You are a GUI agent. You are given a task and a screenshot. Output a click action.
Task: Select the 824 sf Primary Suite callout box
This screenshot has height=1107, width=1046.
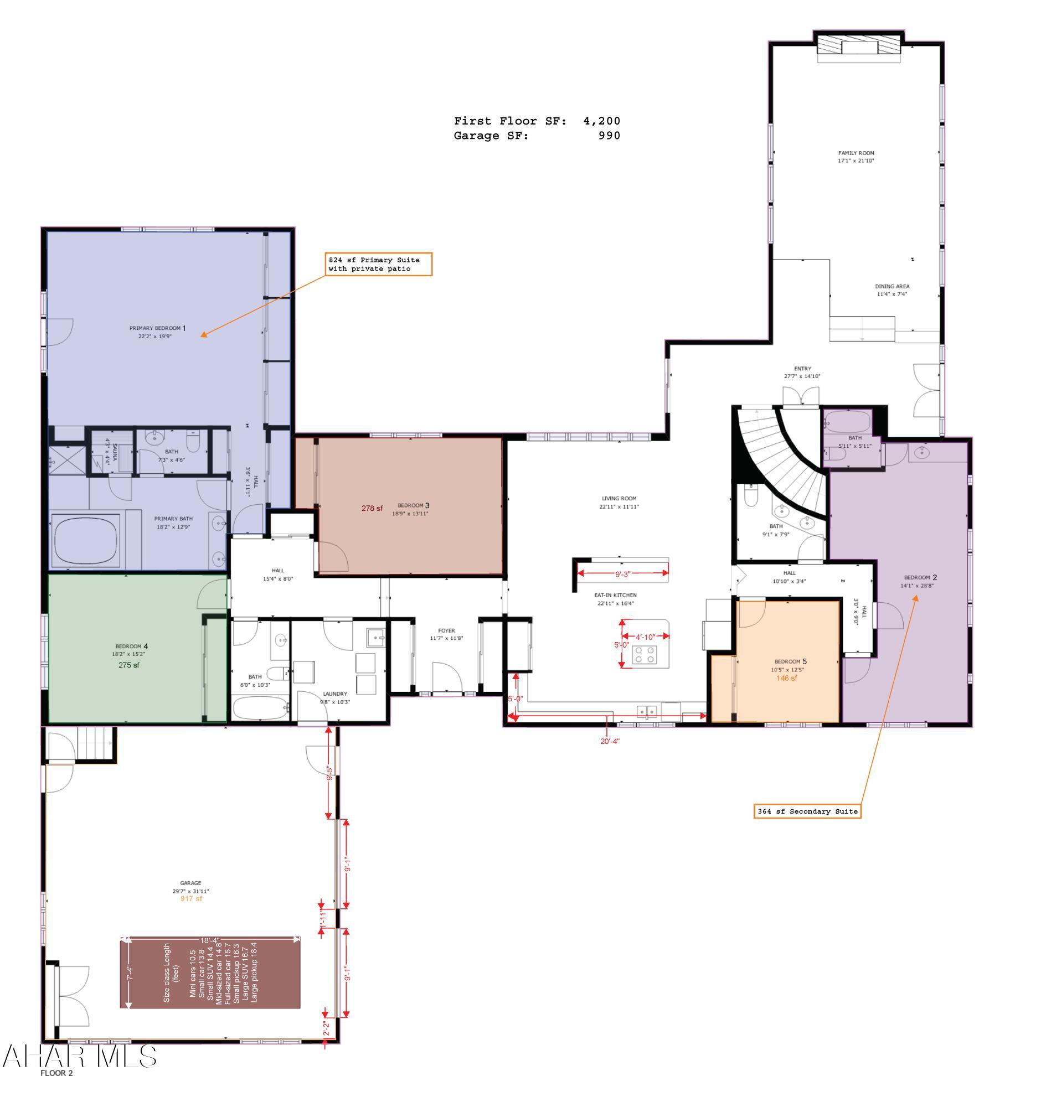point(379,264)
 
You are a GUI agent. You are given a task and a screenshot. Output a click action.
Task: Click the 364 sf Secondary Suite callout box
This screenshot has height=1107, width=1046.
point(807,811)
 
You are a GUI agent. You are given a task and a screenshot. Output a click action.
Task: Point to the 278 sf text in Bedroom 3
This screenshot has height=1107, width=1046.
point(372,508)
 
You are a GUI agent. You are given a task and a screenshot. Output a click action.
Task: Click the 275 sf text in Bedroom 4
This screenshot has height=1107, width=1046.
point(129,665)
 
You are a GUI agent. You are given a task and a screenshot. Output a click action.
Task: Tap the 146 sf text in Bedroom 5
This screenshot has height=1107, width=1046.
point(786,679)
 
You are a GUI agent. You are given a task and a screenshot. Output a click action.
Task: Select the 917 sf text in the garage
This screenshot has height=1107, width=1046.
point(190,898)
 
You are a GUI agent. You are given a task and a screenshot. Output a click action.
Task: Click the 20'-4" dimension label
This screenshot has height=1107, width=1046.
point(610,741)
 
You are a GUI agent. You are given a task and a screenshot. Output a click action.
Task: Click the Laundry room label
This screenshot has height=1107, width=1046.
point(334,694)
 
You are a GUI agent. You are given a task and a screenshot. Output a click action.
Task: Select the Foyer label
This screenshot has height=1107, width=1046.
point(446,631)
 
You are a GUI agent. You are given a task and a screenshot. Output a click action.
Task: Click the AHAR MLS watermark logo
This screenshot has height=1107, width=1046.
point(79,1056)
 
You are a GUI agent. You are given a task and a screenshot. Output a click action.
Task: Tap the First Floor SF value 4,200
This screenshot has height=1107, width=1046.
point(601,121)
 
